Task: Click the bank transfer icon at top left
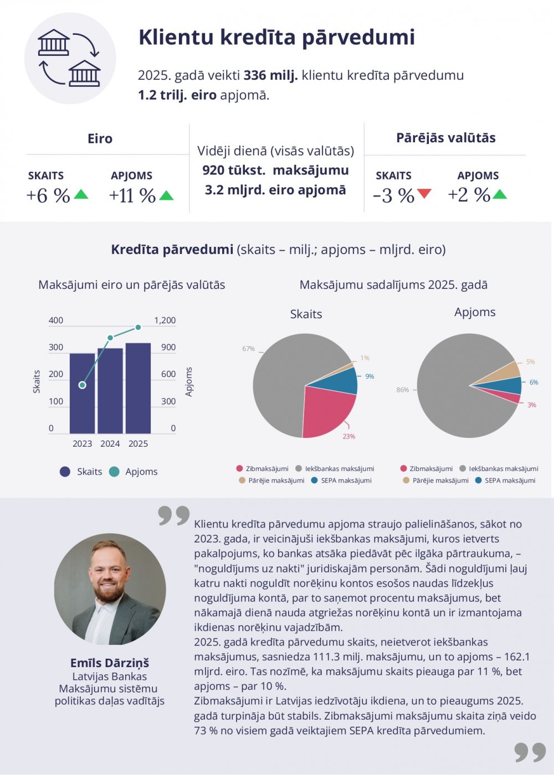click(70, 58)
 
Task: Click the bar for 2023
click(82, 394)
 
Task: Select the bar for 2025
click(138, 389)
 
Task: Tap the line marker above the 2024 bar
click(110, 337)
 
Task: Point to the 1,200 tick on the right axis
click(165, 321)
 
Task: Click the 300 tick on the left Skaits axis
click(56, 348)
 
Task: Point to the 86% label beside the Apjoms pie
click(403, 390)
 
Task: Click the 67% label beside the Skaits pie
click(248, 349)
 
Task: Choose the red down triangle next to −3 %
click(424, 193)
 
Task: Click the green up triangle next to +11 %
click(166, 195)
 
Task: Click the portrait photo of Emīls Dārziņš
click(110, 589)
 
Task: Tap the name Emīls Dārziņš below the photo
click(110, 663)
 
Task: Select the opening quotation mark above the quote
click(173, 515)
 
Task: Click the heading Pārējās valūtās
click(445, 138)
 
